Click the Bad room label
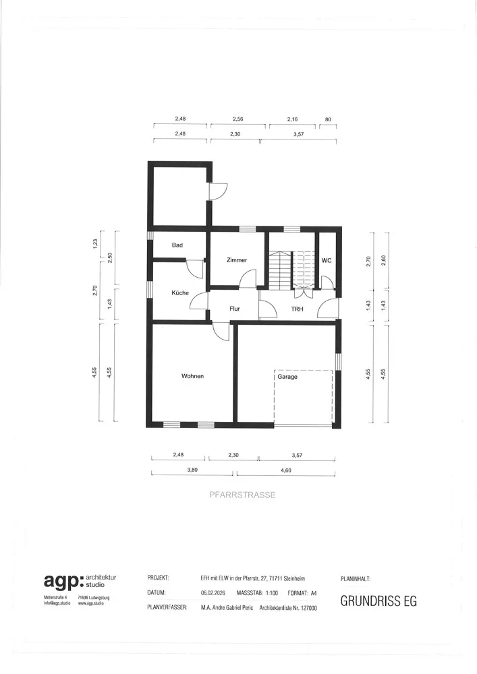pyautogui.click(x=177, y=245)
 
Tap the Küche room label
pyautogui.click(x=180, y=293)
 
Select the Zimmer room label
pyautogui.click(x=237, y=260)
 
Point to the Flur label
pyautogui.click(x=235, y=309)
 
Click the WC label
pyautogui.click(x=327, y=260)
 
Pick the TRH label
pyautogui.click(x=298, y=309)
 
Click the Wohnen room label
pyautogui.click(x=193, y=376)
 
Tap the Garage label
pyautogui.click(x=287, y=377)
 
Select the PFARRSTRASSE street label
pyautogui.click(x=242, y=495)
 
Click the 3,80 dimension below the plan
pyautogui.click(x=192, y=470)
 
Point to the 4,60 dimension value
pyautogui.click(x=286, y=470)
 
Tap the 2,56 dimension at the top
pyautogui.click(x=238, y=119)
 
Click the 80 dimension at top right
pyautogui.click(x=328, y=119)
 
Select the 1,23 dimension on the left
pyautogui.click(x=96, y=243)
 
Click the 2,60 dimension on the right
pyautogui.click(x=384, y=261)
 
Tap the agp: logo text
pyautogui.click(x=63, y=581)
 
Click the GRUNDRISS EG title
pyautogui.click(x=378, y=601)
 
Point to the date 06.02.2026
pyautogui.click(x=213, y=593)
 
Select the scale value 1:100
pyautogui.click(x=272, y=593)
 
